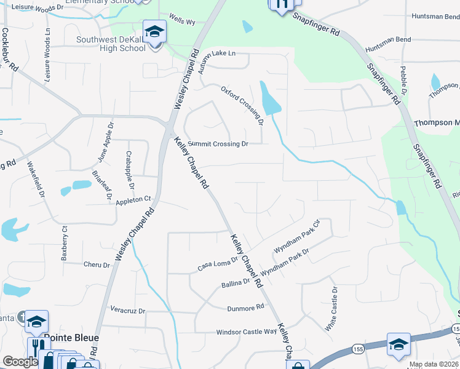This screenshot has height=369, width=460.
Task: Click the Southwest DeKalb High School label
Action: pos(111,44)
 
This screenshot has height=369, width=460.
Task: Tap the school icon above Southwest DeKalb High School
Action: pos(154,30)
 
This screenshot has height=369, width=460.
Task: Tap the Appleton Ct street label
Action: pos(133,200)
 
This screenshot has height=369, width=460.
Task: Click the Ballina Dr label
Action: pos(236,282)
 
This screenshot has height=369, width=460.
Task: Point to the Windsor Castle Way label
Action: pos(246,332)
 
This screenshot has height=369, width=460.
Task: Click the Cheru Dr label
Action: pos(96,265)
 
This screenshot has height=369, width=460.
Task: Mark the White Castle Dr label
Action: pos(331,309)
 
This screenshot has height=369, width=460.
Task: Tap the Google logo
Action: pos(20,362)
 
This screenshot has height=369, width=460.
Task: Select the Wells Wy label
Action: pos(181,22)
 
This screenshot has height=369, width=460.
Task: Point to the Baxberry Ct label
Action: pos(64,242)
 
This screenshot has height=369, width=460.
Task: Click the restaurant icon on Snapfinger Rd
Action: pos(281,4)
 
